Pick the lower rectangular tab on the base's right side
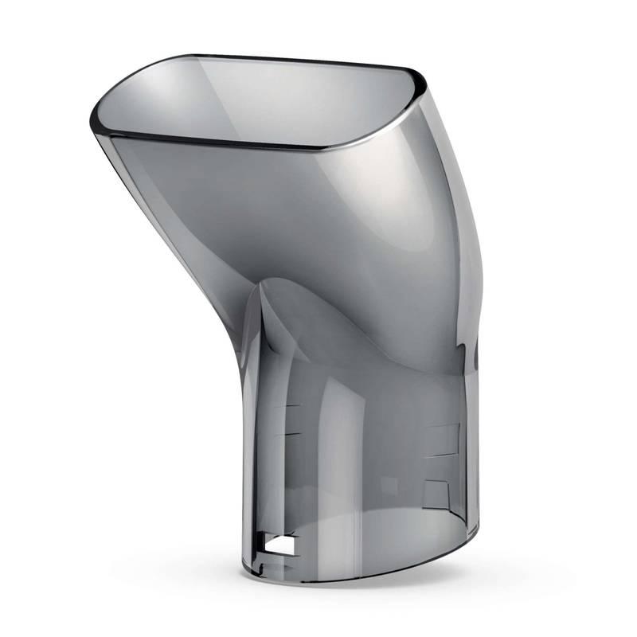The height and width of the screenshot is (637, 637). (437, 494)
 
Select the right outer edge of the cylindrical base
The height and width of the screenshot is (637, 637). (479, 446)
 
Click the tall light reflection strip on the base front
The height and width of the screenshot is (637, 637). (334, 446)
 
